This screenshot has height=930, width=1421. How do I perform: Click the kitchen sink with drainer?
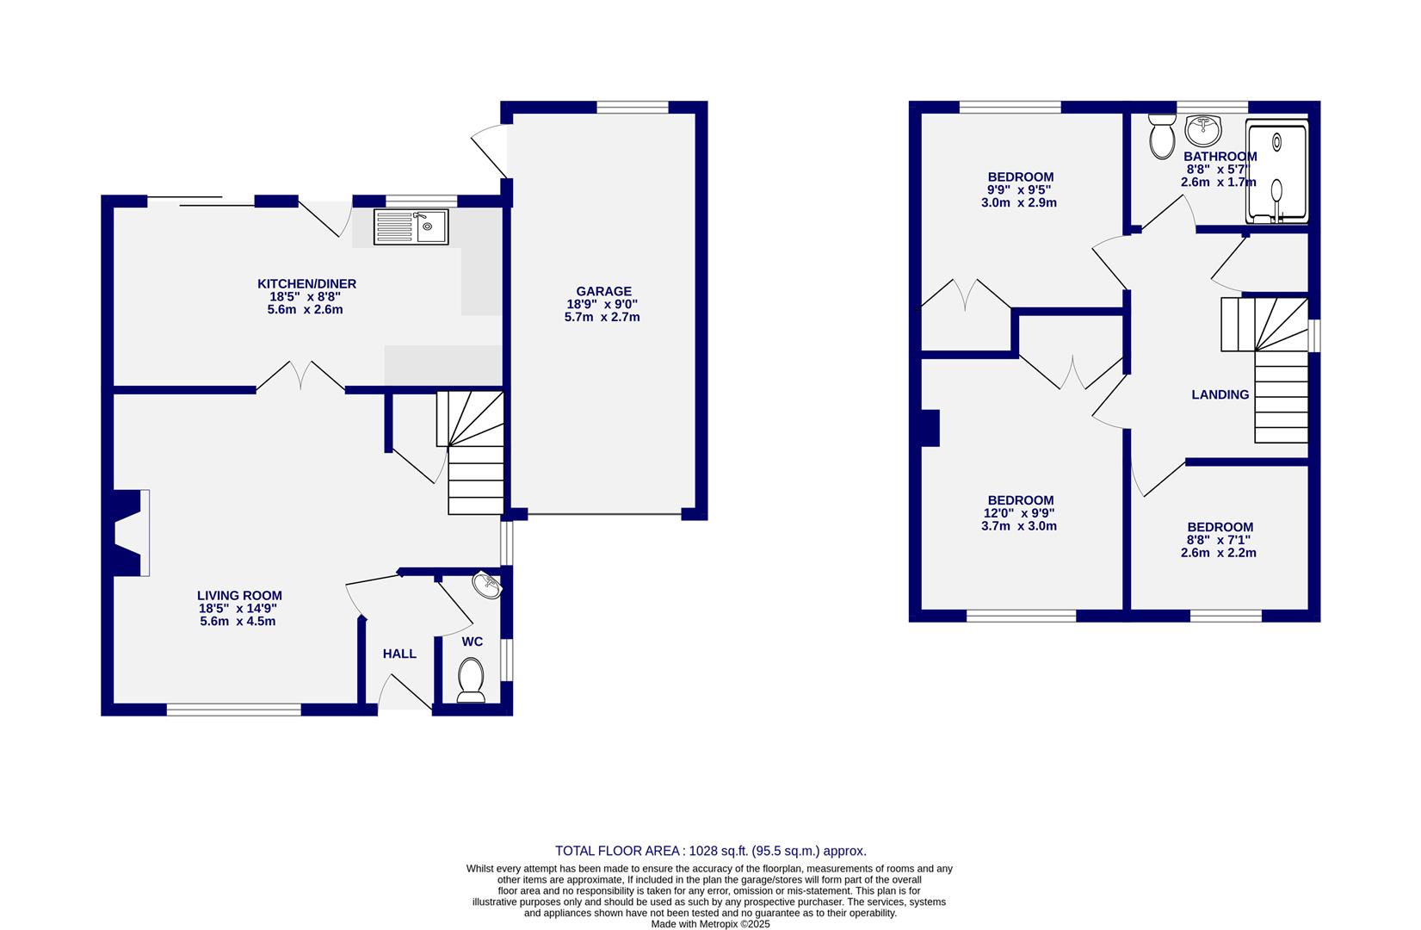click(411, 227)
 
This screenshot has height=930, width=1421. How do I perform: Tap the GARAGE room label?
click(603, 292)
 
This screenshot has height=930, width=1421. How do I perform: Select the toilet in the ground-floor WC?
click(471, 679)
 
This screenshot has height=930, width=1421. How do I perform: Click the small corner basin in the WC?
click(487, 586)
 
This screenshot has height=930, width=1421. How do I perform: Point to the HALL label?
click(399, 654)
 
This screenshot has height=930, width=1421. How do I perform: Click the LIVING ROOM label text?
click(239, 596)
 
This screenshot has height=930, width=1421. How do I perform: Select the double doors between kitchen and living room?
click(300, 376)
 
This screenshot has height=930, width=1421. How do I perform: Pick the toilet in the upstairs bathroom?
click(1161, 137)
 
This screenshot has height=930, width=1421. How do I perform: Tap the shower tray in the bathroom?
click(1277, 172)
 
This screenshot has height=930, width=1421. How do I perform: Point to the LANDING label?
click(1220, 395)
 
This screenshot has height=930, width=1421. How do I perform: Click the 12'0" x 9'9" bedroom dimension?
click(1020, 513)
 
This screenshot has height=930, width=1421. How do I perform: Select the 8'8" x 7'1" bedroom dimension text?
click(1219, 540)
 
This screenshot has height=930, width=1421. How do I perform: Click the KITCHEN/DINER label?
click(306, 284)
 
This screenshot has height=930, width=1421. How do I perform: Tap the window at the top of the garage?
click(633, 108)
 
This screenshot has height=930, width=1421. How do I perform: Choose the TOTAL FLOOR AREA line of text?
click(710, 851)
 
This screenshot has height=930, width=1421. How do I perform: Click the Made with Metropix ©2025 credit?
click(710, 924)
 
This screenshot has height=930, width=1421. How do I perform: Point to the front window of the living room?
click(233, 710)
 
